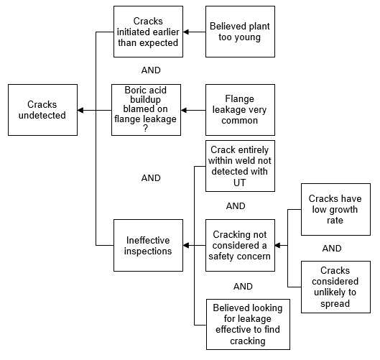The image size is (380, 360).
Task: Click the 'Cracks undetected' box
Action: [42, 110]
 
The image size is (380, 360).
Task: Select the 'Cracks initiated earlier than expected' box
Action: [148, 32]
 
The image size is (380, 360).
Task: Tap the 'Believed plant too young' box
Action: [240, 32]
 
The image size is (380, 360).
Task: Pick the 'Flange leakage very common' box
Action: [240, 110]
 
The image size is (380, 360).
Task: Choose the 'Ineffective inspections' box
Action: [148, 245]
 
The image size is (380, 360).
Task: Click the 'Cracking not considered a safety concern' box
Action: [240, 245]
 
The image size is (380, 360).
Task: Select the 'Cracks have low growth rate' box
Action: [335, 209]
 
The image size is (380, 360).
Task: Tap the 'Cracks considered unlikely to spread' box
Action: [335, 287]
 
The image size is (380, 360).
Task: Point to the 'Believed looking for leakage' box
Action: [248, 324]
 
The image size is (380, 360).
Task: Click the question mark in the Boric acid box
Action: [145, 128]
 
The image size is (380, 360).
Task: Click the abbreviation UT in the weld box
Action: [239, 183]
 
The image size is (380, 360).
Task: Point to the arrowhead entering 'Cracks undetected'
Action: [80, 111]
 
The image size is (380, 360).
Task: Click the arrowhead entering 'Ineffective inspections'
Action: [185, 245]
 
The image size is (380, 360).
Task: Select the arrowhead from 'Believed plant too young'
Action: [185, 32]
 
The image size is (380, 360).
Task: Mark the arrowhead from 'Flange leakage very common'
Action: [183, 111]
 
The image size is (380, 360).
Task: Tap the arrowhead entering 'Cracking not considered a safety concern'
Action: [278, 245]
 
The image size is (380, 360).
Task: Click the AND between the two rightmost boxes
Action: [332, 248]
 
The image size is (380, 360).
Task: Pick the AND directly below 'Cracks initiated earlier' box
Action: [151, 70]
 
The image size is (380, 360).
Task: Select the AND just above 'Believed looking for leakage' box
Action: [243, 287]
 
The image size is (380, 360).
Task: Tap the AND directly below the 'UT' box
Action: [236, 206]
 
